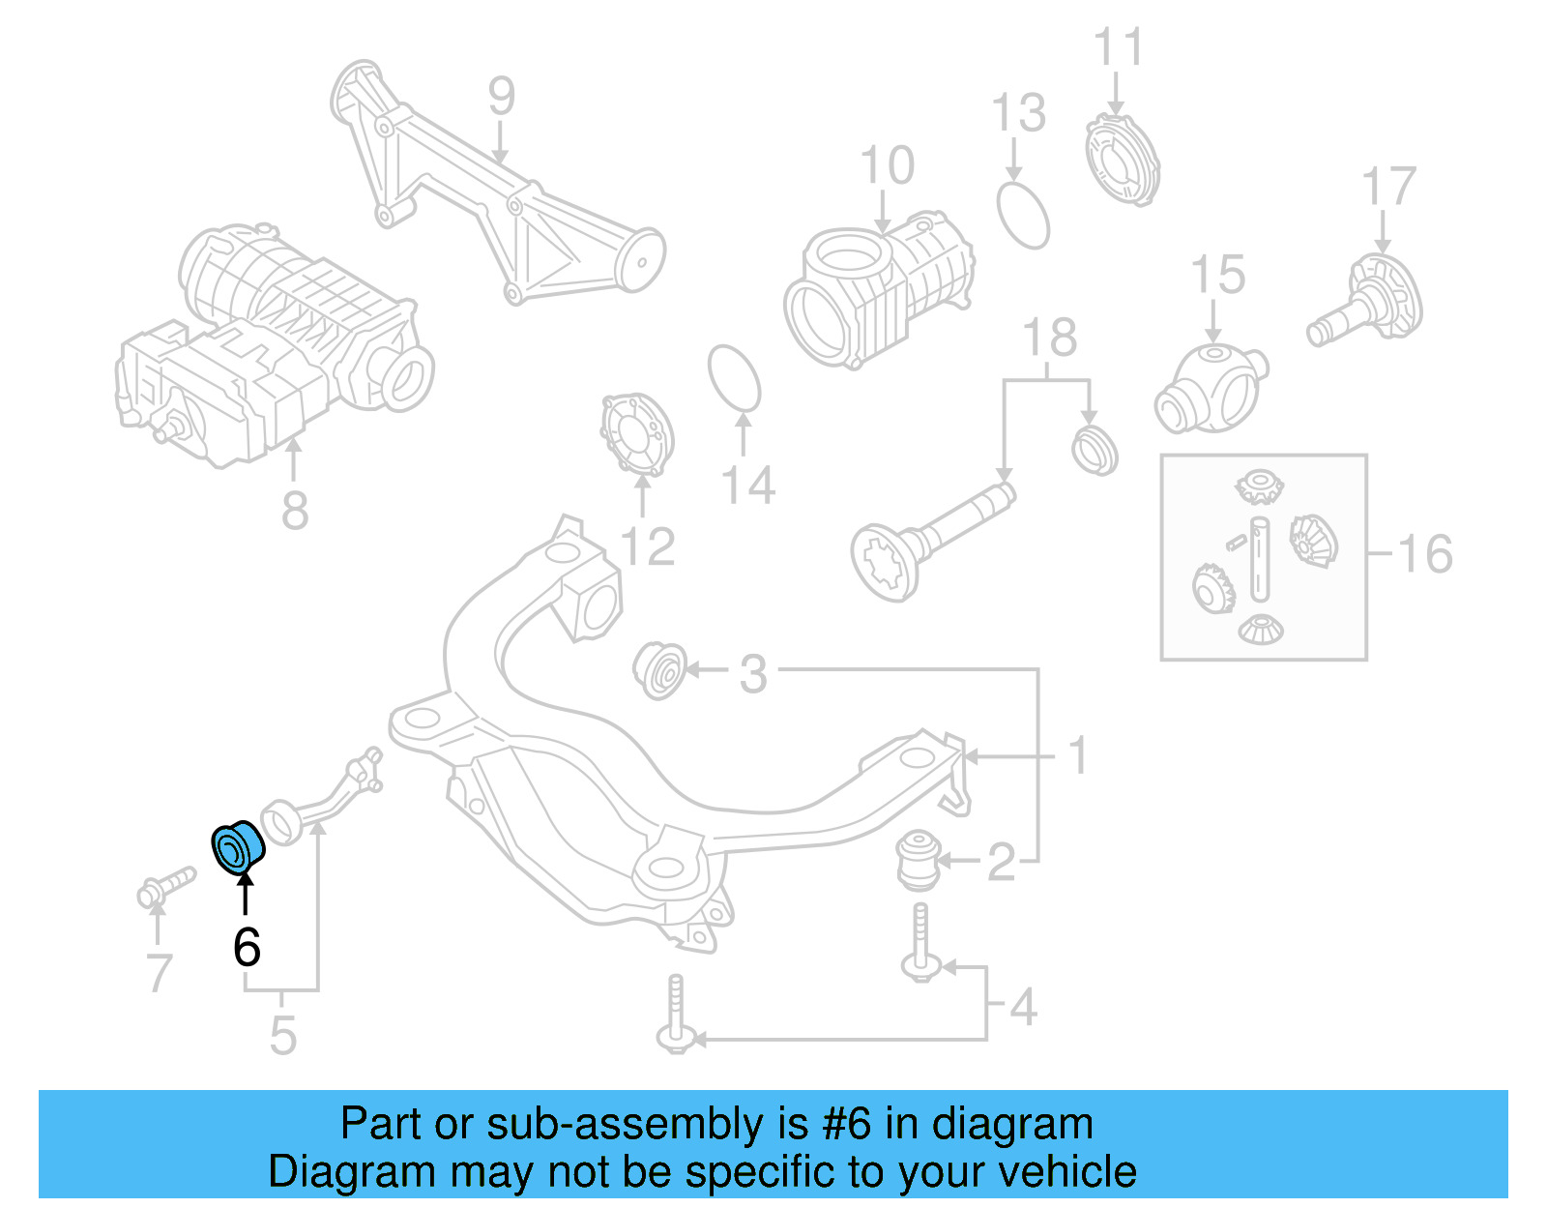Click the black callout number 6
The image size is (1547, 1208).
(247, 947)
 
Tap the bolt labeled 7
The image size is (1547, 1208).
(165, 887)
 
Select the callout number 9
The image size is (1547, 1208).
(501, 97)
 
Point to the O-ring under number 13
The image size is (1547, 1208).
(1023, 214)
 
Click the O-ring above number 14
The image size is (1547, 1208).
(735, 378)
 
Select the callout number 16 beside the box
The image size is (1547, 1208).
(1425, 554)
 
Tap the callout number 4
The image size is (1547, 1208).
(1023, 1007)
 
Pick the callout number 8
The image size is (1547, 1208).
(295, 510)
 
